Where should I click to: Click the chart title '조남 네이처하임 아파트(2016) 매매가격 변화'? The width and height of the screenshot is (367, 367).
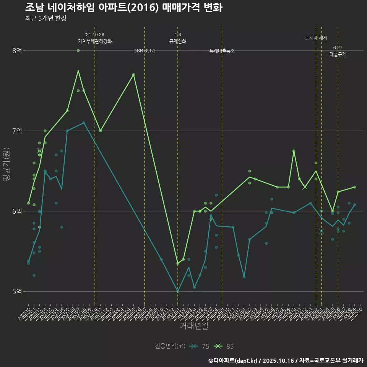click(x=123, y=8)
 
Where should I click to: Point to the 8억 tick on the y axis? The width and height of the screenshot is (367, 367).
click(x=17, y=50)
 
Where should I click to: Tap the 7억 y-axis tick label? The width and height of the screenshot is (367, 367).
click(x=17, y=131)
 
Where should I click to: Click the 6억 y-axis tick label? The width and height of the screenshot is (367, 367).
click(x=17, y=211)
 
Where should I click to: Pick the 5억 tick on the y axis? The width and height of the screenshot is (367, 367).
click(x=17, y=291)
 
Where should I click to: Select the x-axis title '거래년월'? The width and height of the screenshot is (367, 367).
click(x=194, y=326)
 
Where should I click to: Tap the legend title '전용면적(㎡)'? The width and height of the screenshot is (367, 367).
click(x=170, y=346)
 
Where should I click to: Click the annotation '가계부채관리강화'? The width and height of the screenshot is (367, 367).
click(x=95, y=41)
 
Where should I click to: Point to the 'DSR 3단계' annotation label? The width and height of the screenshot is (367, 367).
click(x=145, y=51)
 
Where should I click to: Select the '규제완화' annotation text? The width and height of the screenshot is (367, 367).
click(x=178, y=41)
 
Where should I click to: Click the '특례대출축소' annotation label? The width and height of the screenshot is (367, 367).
click(x=222, y=51)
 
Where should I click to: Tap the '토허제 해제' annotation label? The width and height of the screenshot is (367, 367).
click(x=316, y=38)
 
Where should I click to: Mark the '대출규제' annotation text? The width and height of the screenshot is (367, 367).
click(x=338, y=54)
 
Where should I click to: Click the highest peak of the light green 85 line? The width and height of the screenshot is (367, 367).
click(x=78, y=71)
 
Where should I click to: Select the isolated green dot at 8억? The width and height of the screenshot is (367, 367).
click(x=78, y=50)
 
